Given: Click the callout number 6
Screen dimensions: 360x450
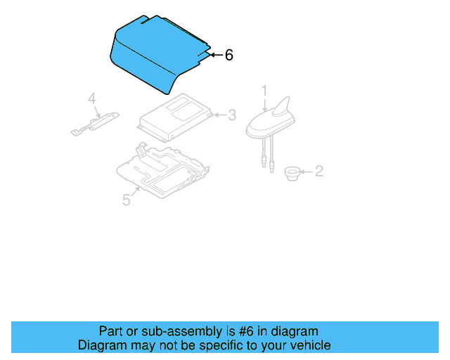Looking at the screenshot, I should click(229, 55).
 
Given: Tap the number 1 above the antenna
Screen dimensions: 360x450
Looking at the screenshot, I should click(265, 91).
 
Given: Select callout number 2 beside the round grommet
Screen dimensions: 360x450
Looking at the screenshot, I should click(319, 171).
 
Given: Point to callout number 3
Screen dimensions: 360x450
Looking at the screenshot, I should click(231, 115).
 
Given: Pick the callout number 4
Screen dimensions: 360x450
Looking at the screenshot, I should click(91, 99).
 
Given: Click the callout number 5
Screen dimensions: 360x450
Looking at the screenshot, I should click(127, 200).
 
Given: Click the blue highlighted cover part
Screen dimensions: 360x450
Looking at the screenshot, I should click(155, 53).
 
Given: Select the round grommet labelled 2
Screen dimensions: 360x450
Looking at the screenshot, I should click(290, 172).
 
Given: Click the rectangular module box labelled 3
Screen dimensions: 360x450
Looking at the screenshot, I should click(176, 116).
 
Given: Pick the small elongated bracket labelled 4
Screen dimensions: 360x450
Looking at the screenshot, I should click(94, 123).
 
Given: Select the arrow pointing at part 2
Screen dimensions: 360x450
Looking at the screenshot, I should click(306, 171).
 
